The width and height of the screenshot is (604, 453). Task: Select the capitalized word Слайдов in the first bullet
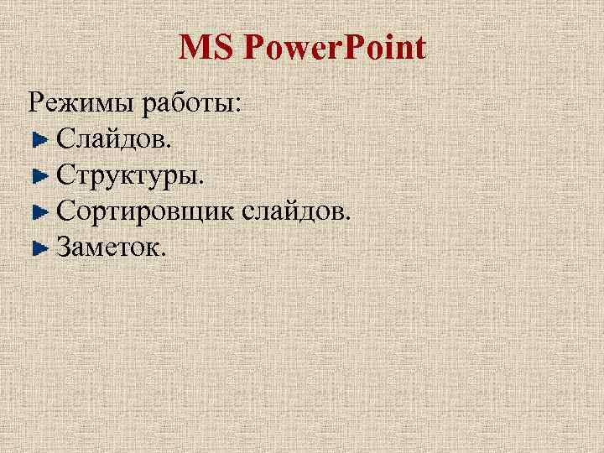coord(113,138)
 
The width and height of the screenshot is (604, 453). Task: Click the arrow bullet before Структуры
coord(39,176)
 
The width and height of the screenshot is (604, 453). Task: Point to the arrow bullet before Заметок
coord(39,248)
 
